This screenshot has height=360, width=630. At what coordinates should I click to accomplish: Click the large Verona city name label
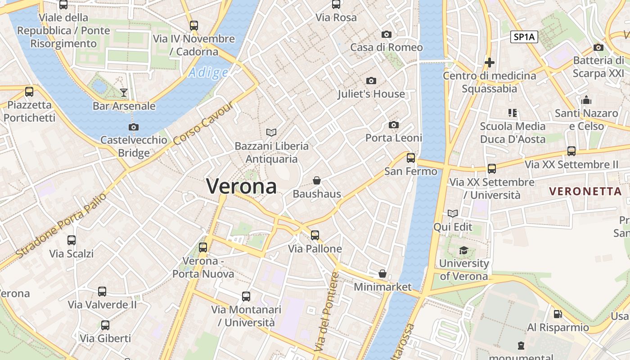tap(241, 186)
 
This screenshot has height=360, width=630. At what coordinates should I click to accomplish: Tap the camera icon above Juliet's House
tap(371, 81)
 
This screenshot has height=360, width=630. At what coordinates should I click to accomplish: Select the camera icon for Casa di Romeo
tap(386, 34)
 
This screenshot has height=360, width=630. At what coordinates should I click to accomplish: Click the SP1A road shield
tap(524, 37)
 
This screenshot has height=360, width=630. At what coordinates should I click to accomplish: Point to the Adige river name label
tap(208, 72)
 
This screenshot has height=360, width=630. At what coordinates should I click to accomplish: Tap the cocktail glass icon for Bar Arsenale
tap(124, 93)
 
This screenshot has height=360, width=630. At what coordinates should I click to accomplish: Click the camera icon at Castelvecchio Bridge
tap(133, 127)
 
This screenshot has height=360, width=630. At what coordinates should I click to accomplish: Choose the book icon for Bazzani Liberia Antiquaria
tap(271, 132)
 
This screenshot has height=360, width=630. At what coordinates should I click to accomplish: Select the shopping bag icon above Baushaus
tap(317, 180)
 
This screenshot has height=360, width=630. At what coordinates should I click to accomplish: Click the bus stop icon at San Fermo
tap(410, 157)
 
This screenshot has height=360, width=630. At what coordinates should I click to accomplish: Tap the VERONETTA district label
tap(585, 191)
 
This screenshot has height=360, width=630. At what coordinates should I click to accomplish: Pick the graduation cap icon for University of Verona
tap(463, 250)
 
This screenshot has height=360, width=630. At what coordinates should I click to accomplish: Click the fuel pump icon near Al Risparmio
tap(558, 314)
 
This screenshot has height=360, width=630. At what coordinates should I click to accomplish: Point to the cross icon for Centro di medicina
tap(490, 63)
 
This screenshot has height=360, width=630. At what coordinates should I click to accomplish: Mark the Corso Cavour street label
tap(203, 123)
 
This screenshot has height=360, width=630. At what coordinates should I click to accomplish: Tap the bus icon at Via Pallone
tap(315, 235)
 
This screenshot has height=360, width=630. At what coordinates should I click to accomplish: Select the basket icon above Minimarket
tap(382, 273)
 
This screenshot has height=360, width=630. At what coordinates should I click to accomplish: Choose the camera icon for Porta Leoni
tap(394, 125)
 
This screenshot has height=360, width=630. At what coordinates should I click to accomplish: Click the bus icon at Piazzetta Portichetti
tap(29, 92)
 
